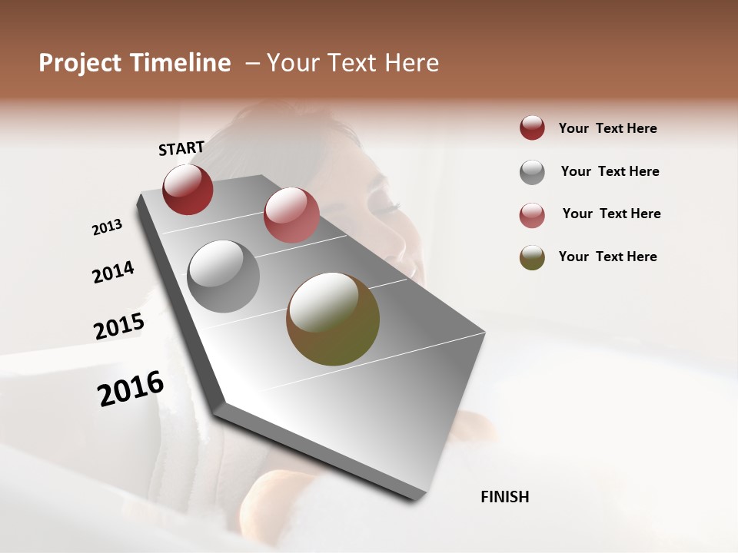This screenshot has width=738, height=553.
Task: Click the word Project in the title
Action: coord(77,63)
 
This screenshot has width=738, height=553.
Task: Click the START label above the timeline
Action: coord(181,148)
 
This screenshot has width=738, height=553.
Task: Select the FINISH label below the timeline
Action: coord(505,497)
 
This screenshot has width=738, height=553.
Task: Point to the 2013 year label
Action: coord(108,227)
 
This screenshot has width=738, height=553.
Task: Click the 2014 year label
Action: coord(113,272)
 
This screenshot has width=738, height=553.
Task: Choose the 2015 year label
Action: coord(119,326)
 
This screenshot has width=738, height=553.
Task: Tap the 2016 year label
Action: coord(131,389)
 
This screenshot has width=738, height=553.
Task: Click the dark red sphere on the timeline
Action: coord(188,189)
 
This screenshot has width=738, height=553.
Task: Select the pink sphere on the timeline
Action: coord(291,215)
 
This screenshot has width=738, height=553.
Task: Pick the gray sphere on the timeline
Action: coord(223,276)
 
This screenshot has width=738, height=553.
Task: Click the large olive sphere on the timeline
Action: coord(333,319)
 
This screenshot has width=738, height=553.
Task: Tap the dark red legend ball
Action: coord(532,128)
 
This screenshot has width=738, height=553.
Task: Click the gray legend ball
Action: coord(532,172)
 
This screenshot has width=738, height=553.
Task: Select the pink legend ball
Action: coord(532,215)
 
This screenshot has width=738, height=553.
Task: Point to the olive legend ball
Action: coord(532,257)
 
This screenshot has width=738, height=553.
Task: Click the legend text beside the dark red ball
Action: coord(608,128)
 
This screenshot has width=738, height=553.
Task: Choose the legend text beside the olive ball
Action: coord(608,257)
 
